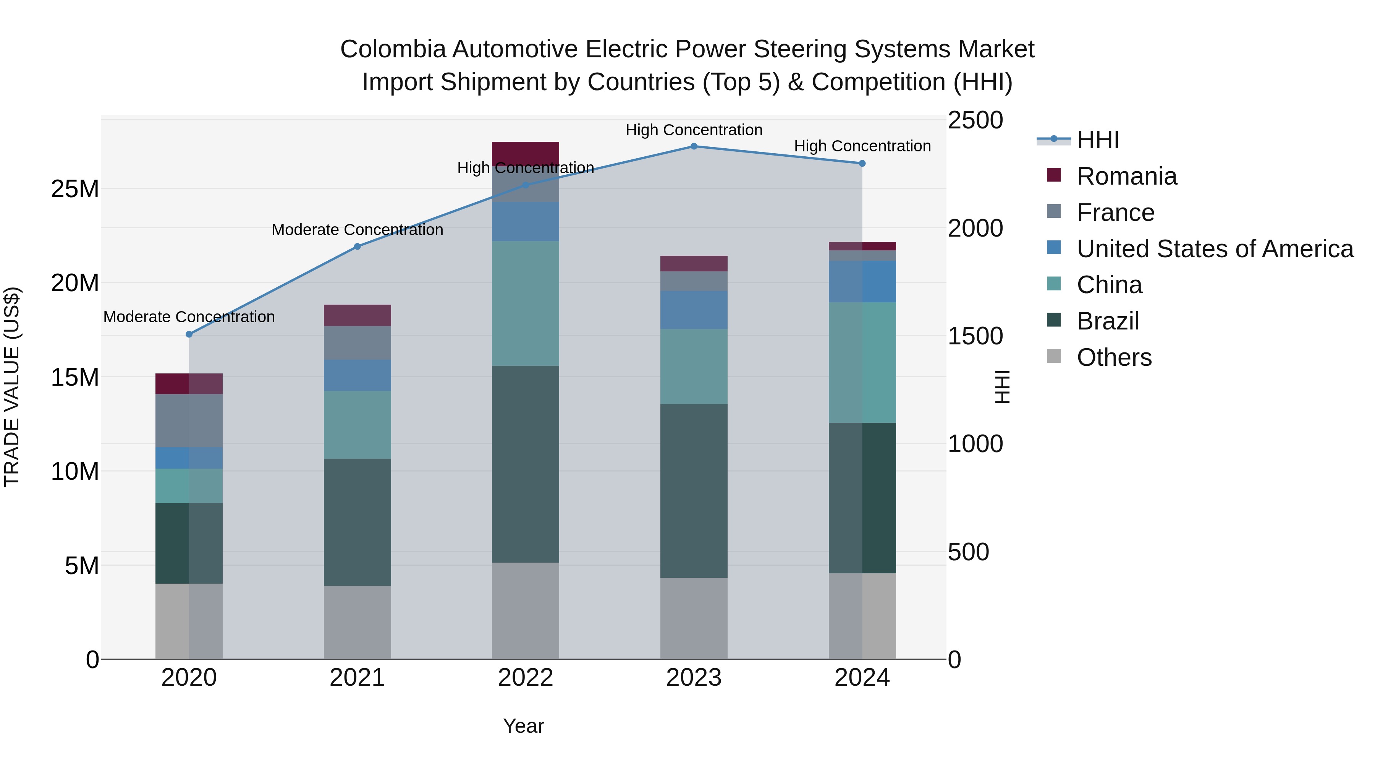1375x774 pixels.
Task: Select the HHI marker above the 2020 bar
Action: [189, 334]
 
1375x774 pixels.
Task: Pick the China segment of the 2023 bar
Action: [693, 367]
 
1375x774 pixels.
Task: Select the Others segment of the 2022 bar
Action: [525, 610]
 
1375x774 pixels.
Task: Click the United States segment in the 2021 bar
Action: [357, 375]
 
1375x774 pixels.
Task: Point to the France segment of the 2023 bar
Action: [693, 281]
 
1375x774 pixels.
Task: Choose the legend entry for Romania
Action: [1126, 176]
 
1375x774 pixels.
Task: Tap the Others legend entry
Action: [1114, 357]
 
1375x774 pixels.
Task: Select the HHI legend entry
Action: [1097, 140]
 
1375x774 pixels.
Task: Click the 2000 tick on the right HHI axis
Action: [975, 229]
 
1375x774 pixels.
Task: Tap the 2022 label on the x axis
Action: [525, 678]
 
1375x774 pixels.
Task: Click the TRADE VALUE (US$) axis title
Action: [12, 387]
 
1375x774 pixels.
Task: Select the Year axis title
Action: [523, 726]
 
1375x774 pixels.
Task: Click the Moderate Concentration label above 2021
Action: [357, 230]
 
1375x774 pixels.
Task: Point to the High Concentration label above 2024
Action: [862, 146]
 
